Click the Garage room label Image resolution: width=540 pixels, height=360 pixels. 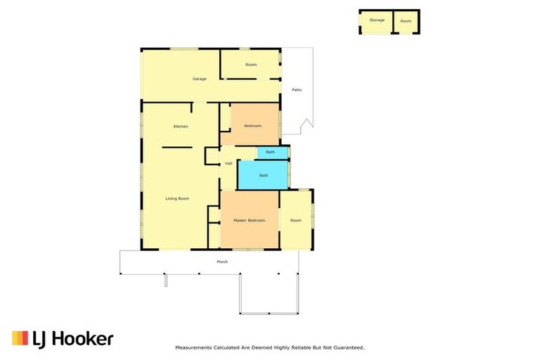[x=200, y=79]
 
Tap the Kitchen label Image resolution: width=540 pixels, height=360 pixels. [x=181, y=126]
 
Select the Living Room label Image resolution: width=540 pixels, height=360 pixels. [x=177, y=199]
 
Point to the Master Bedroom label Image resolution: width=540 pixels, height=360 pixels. [x=249, y=221]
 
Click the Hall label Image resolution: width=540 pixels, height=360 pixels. [x=229, y=164]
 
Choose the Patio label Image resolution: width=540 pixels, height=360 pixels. [x=297, y=89]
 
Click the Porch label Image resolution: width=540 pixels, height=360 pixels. [x=222, y=262]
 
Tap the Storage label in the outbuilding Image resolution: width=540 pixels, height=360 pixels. [x=377, y=20]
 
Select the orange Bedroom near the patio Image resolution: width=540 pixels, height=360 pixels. [x=252, y=126]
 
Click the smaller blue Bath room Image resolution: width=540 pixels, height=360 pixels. [x=271, y=153]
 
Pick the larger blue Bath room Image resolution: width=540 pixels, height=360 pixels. [x=264, y=175]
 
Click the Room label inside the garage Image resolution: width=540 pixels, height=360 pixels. [x=251, y=65]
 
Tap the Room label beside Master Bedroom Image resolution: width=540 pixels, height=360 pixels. [x=296, y=221]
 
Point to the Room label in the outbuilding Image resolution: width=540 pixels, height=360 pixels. [x=406, y=21]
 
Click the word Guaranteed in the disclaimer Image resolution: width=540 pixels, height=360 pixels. [x=348, y=347]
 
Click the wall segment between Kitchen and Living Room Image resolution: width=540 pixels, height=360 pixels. [x=176, y=147]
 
